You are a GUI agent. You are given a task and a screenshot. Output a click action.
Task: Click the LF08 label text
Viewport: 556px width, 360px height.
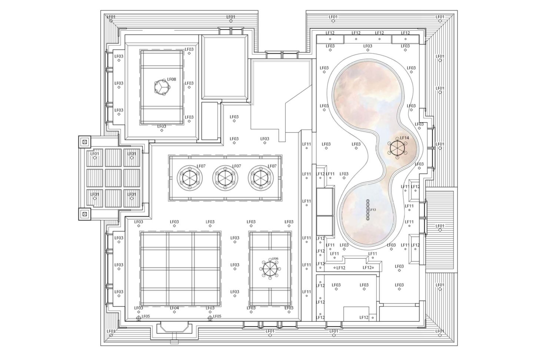click(x=172, y=79)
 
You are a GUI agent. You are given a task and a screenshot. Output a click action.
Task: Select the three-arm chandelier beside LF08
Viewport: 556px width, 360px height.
click(x=162, y=87)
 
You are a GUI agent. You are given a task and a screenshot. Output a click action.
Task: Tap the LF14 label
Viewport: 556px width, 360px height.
click(x=404, y=138)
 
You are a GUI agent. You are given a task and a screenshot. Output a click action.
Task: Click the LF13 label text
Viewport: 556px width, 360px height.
click(x=373, y=210)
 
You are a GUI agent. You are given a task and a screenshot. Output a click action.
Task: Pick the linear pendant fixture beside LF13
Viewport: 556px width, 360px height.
click(x=367, y=209)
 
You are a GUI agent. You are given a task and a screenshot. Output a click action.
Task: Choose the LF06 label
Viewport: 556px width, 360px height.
click(x=275, y=259)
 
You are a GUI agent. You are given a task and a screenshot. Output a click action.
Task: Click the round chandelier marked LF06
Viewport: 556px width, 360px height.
click(x=270, y=269)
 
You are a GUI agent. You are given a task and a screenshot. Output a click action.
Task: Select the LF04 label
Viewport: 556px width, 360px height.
click(x=174, y=308)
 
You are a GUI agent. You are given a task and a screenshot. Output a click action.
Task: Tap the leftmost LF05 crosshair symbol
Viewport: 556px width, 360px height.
click(x=139, y=318)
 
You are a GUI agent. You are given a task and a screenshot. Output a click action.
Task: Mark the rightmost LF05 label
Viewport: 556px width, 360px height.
click(x=217, y=316)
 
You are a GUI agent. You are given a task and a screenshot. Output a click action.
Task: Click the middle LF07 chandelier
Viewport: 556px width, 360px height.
click(x=225, y=178)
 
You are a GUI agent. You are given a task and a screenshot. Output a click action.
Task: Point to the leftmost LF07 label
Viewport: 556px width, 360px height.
click(x=201, y=166)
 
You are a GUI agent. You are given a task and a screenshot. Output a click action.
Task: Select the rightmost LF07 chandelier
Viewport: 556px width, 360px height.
click(x=261, y=178)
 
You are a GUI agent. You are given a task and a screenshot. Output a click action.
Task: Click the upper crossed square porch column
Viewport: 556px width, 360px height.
click(x=85, y=142)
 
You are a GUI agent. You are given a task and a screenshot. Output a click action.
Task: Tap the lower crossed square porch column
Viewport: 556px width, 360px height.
click(x=85, y=214)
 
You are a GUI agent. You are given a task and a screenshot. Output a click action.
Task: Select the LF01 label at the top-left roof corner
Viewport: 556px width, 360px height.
click(x=111, y=17)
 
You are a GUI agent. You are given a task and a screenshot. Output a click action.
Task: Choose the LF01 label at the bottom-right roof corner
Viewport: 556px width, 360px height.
click(x=440, y=331)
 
